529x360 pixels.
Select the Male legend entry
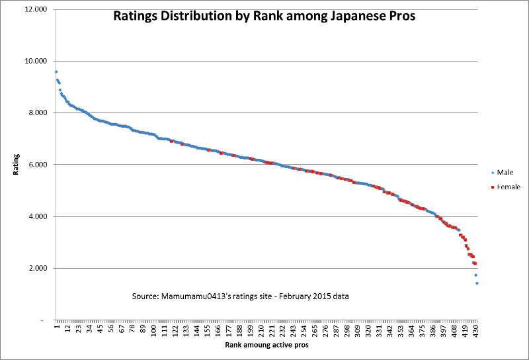505,172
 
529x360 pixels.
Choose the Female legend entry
508,187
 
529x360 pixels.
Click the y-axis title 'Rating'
17,164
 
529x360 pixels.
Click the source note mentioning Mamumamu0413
241,296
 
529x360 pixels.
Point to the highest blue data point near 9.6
56,71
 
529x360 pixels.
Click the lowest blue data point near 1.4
477,283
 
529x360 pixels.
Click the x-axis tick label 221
271,329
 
